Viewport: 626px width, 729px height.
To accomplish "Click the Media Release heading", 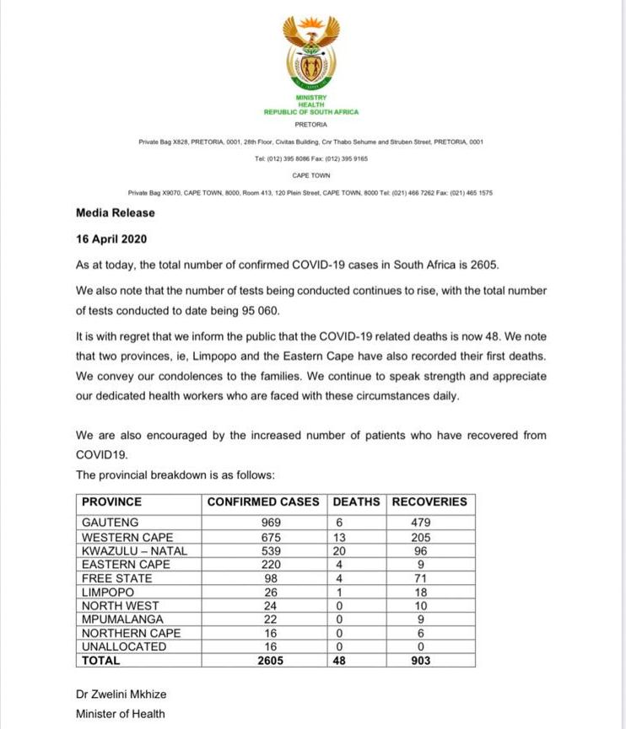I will point(116,213).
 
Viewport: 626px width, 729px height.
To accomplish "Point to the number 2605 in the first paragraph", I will point(484,265).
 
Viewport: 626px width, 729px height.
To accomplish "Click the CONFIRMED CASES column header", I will point(263,501).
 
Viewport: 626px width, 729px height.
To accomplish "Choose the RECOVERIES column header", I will point(429,501).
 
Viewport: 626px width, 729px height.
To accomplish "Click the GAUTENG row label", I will point(111,523).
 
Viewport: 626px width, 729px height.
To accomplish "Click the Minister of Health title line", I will point(121,714).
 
